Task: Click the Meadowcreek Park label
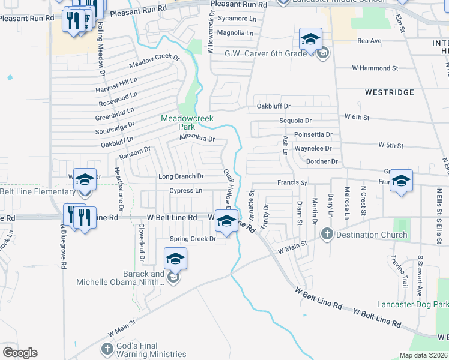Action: pyautogui.click(x=187, y=122)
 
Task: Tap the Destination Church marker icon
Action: pyautogui.click(x=327, y=234)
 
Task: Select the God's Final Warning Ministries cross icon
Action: pyautogui.click(x=107, y=348)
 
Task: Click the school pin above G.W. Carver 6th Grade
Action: pyautogui.click(x=310, y=40)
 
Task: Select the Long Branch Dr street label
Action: pyautogui.click(x=181, y=176)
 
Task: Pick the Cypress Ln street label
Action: pyautogui.click(x=185, y=191)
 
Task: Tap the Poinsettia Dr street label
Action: pyautogui.click(x=313, y=134)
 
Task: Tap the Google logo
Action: pyautogui.click(x=20, y=353)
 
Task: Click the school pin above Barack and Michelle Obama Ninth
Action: pyautogui.click(x=175, y=259)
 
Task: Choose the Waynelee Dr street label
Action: pyautogui.click(x=313, y=148)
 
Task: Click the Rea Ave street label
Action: pyautogui.click(x=369, y=41)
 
